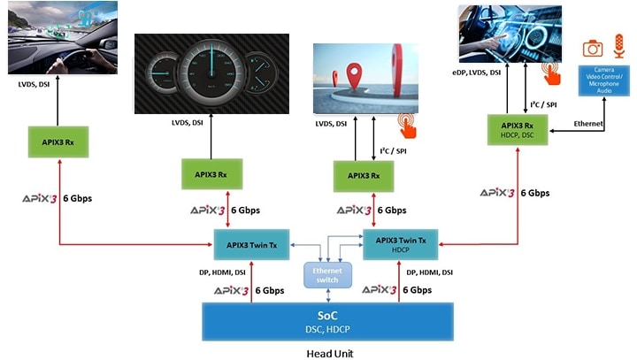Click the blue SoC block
(327, 321)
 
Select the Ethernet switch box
(327, 274)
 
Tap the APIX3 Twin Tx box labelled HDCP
(401, 243)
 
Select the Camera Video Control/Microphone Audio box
(604, 82)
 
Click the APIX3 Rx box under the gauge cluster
(212, 173)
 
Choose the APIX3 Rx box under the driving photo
(58, 142)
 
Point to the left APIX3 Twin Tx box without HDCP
(251, 243)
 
